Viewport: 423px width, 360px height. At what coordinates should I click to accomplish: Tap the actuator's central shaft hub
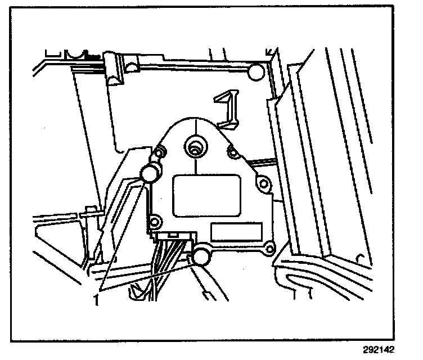[195, 147]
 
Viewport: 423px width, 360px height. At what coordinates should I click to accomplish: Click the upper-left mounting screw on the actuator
[150, 173]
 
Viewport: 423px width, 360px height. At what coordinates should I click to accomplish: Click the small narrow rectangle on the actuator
[236, 231]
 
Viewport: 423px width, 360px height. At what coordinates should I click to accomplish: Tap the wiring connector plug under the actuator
[175, 238]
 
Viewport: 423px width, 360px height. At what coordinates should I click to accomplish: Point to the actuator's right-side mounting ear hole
[262, 183]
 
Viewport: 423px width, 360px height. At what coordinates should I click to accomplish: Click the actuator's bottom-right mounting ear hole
[269, 246]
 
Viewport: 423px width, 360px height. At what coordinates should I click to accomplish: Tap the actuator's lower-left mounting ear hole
[152, 220]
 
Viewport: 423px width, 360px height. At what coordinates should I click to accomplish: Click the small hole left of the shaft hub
[160, 152]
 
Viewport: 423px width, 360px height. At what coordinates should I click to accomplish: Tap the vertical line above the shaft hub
[194, 127]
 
